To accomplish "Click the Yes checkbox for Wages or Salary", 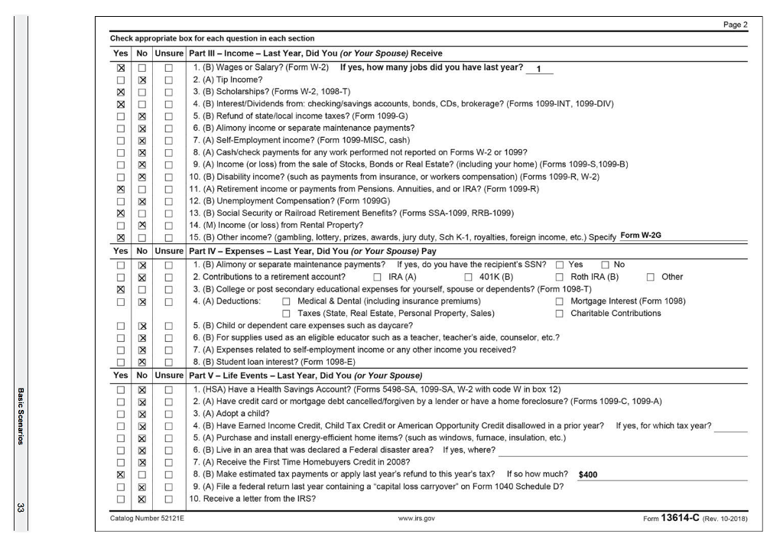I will click(119, 70).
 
